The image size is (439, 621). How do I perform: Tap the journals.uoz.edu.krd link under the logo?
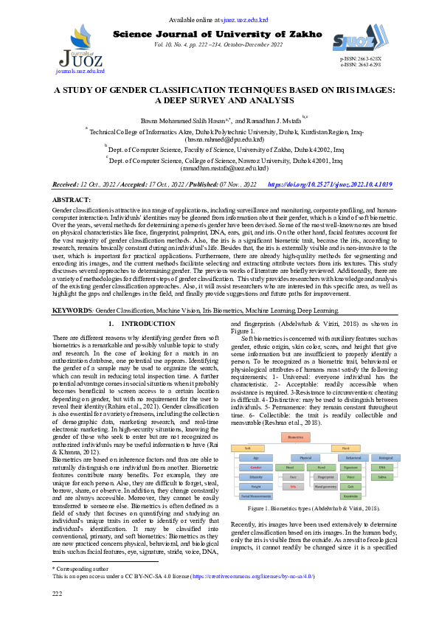coord(80,72)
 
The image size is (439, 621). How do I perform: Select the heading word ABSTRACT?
coord(72,200)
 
